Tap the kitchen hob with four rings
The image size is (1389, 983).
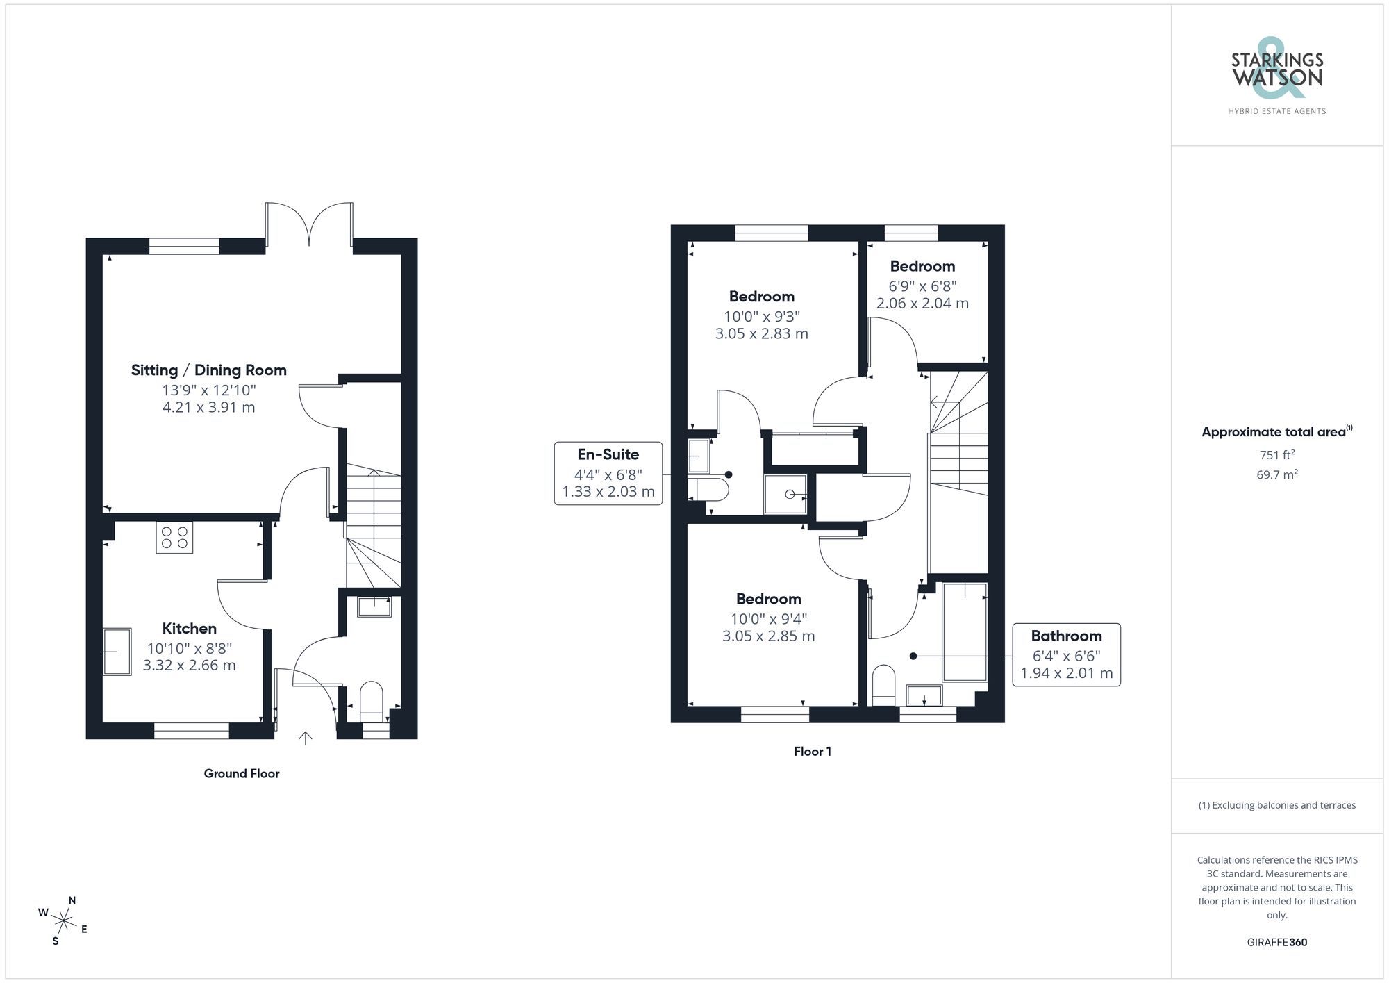click(174, 537)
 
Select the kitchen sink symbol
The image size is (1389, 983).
click(117, 651)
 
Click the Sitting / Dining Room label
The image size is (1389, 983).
click(208, 370)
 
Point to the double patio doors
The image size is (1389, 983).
click(309, 224)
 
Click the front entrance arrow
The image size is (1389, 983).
click(306, 738)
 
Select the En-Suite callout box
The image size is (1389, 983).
click(608, 473)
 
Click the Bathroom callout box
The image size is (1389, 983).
click(1066, 654)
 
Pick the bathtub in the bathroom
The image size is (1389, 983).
click(965, 632)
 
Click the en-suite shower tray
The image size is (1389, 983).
click(785, 494)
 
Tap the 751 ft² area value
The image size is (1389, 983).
click(1276, 455)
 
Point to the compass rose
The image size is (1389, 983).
click(63, 922)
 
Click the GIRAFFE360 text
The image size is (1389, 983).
click(1276, 942)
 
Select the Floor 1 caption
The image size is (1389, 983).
click(812, 751)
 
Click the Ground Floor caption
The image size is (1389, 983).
click(241, 773)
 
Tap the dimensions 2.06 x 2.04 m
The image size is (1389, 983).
click(922, 304)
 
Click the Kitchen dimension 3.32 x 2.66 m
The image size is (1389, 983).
click(189, 666)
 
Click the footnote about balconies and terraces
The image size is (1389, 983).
click(1276, 805)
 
